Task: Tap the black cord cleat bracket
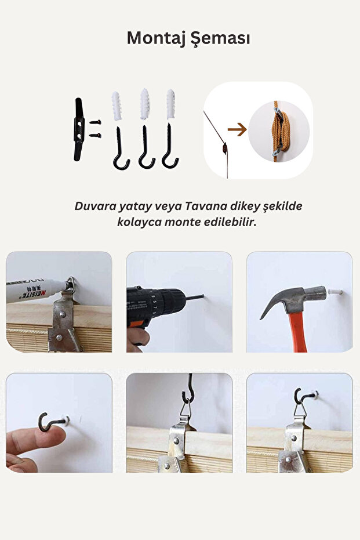(x=79, y=129)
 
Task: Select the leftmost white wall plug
(x=117, y=105)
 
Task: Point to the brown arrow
(x=237, y=130)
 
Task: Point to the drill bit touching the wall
(x=194, y=298)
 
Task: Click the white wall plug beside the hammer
(x=334, y=291)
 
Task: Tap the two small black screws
(x=95, y=129)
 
